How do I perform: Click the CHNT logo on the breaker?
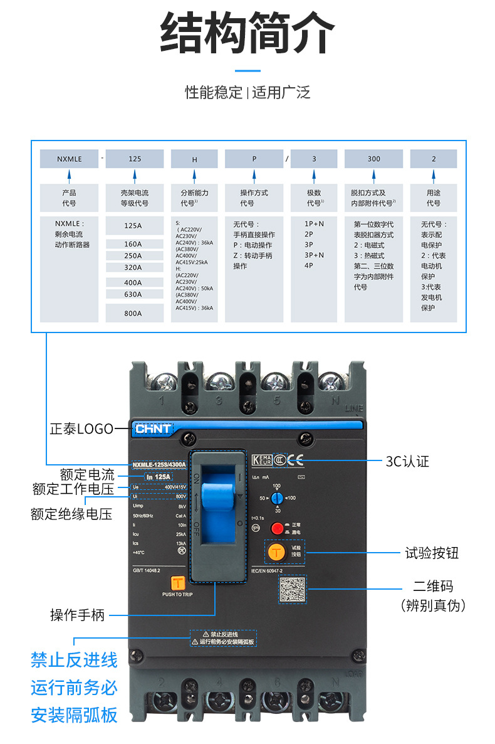pos(153,429)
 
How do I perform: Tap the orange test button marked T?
pos(276,551)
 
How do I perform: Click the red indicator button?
pos(276,527)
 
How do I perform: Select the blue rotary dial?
pos(276,497)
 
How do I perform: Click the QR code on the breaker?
pos(293,590)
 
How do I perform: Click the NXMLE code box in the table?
pos(69,159)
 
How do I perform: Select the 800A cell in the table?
pos(133,312)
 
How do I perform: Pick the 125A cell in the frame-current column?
pos(133,225)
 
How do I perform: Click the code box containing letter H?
pos(194,159)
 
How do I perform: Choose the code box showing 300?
pos(373,159)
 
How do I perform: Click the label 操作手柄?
pos(77,615)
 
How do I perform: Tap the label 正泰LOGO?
pos(81,429)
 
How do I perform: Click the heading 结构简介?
pos(247,33)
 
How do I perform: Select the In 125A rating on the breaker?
pos(159,477)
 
